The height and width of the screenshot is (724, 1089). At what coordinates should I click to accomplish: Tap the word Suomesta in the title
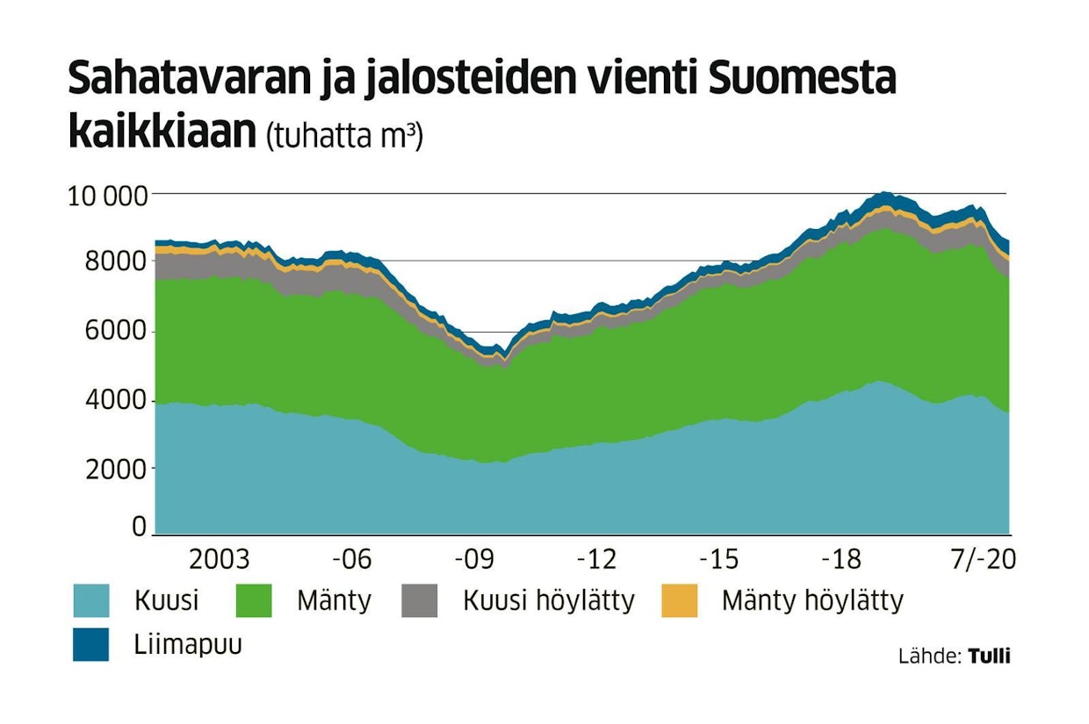pos(801,81)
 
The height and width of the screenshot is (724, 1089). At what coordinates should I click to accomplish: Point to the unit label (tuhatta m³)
pos(345,136)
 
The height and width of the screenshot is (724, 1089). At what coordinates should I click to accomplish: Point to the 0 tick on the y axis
pos(138,527)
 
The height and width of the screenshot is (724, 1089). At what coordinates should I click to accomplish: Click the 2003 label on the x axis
pos(220,559)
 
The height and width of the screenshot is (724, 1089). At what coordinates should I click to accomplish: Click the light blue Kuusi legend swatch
pos(91,601)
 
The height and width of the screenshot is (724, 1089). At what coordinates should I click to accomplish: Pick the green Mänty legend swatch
pos(255,601)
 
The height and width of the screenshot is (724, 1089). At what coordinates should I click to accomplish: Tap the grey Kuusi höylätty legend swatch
pos(419,601)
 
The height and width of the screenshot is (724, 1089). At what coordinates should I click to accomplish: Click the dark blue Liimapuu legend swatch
pos(91,645)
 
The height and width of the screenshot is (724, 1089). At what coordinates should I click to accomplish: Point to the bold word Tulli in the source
pos(989,656)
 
